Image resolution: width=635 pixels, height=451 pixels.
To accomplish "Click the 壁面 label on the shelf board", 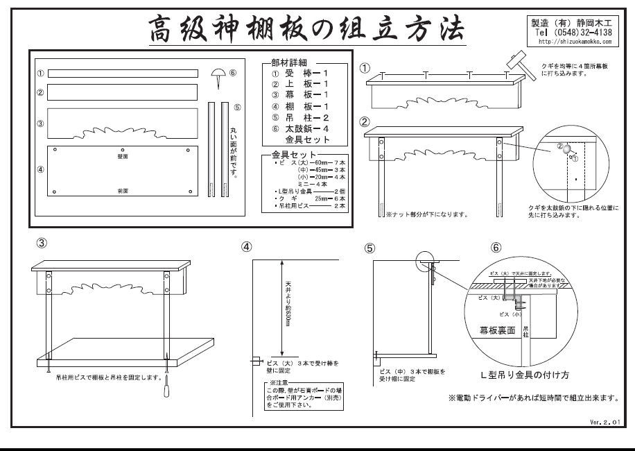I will click(x=123, y=157).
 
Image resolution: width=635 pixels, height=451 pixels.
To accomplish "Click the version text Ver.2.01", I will click(x=602, y=420).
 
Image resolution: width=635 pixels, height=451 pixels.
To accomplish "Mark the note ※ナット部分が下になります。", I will click(x=426, y=214).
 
